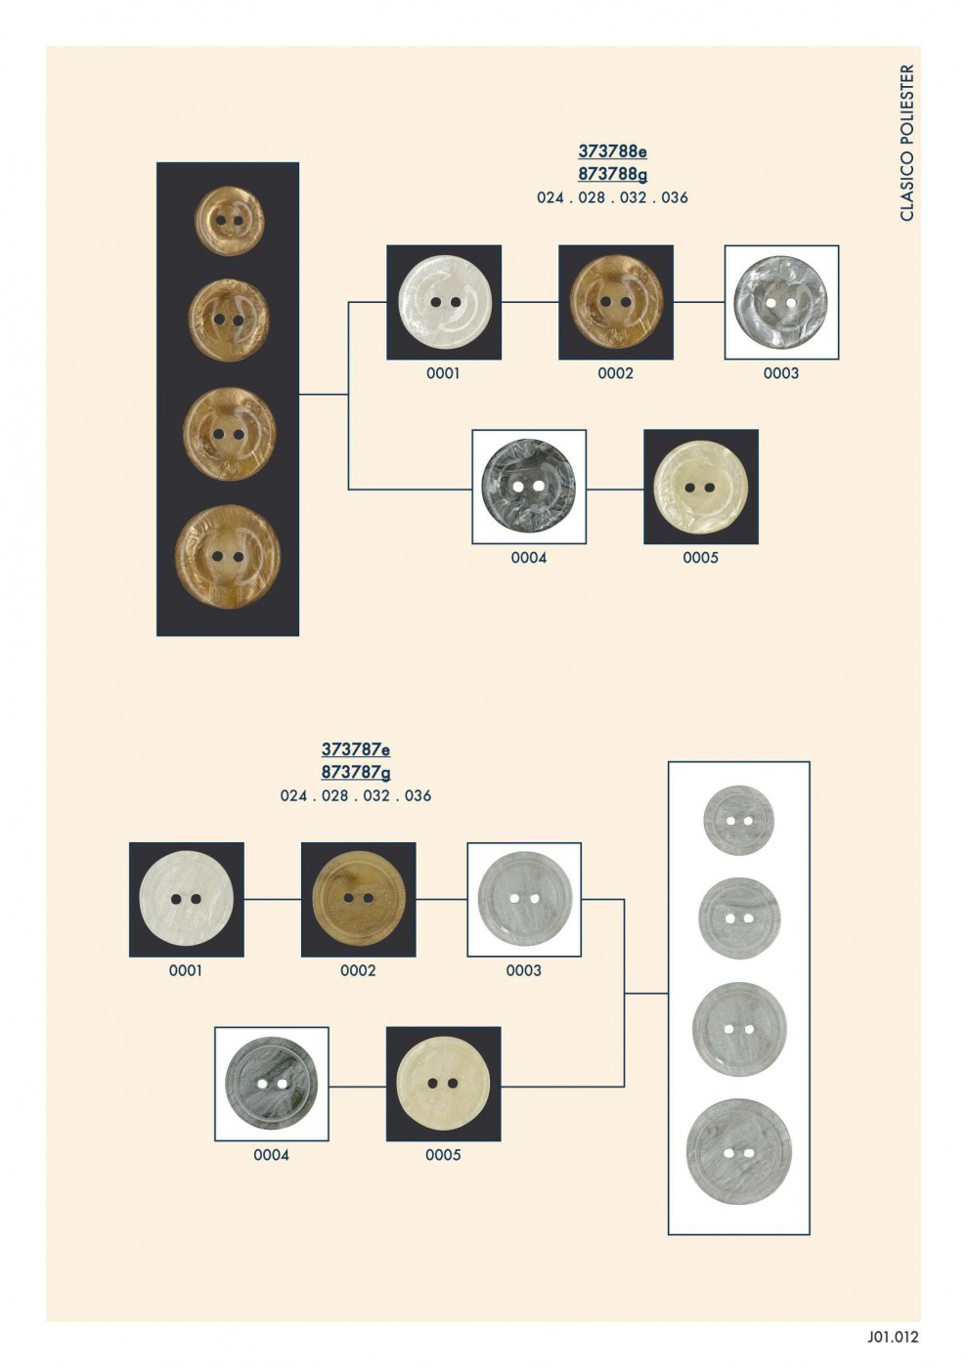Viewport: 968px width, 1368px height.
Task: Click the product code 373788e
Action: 612,150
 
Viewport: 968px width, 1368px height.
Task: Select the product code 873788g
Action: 612,175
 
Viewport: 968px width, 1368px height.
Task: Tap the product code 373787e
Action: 356,748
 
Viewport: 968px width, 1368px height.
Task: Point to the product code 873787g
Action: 356,773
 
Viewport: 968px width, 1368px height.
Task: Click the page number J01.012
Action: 892,1337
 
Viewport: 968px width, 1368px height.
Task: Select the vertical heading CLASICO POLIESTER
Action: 907,143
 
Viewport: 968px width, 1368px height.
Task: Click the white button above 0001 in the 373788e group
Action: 444,302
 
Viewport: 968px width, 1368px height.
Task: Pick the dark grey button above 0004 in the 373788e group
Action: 529,487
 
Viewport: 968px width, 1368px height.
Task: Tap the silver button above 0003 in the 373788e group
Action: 781,302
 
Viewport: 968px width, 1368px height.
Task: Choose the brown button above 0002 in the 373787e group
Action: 359,900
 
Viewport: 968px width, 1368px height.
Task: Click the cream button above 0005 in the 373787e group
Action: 443,1084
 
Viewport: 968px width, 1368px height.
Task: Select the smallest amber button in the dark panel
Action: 229,221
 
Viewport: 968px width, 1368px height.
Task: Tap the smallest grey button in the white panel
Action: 739,820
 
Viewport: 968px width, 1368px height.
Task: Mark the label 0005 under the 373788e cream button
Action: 700,558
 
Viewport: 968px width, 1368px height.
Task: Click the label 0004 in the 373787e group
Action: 272,1155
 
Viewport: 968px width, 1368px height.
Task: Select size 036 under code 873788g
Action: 675,197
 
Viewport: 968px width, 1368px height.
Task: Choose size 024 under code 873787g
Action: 294,795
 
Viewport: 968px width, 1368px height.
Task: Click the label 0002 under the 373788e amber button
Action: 615,373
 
